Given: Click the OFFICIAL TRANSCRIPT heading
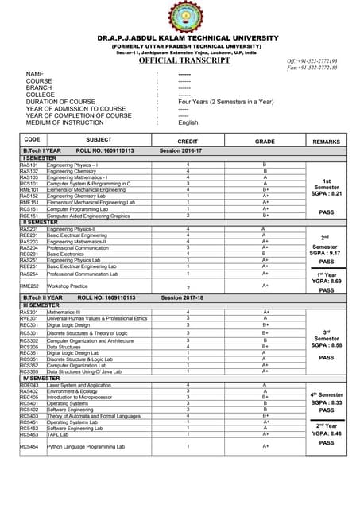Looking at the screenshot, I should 179,60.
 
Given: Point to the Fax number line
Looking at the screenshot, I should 313,68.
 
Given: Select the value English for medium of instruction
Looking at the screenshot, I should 188,122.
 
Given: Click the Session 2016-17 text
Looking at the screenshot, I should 181,150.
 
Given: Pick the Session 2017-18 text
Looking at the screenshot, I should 181,297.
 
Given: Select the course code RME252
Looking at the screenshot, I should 29,286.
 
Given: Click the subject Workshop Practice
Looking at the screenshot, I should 68,286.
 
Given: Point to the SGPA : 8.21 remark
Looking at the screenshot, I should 326,193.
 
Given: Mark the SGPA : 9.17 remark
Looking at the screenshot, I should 326,253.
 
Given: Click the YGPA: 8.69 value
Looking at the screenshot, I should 326,282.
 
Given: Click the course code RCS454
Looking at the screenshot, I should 29,447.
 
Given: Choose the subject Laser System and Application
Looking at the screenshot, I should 79,385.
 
